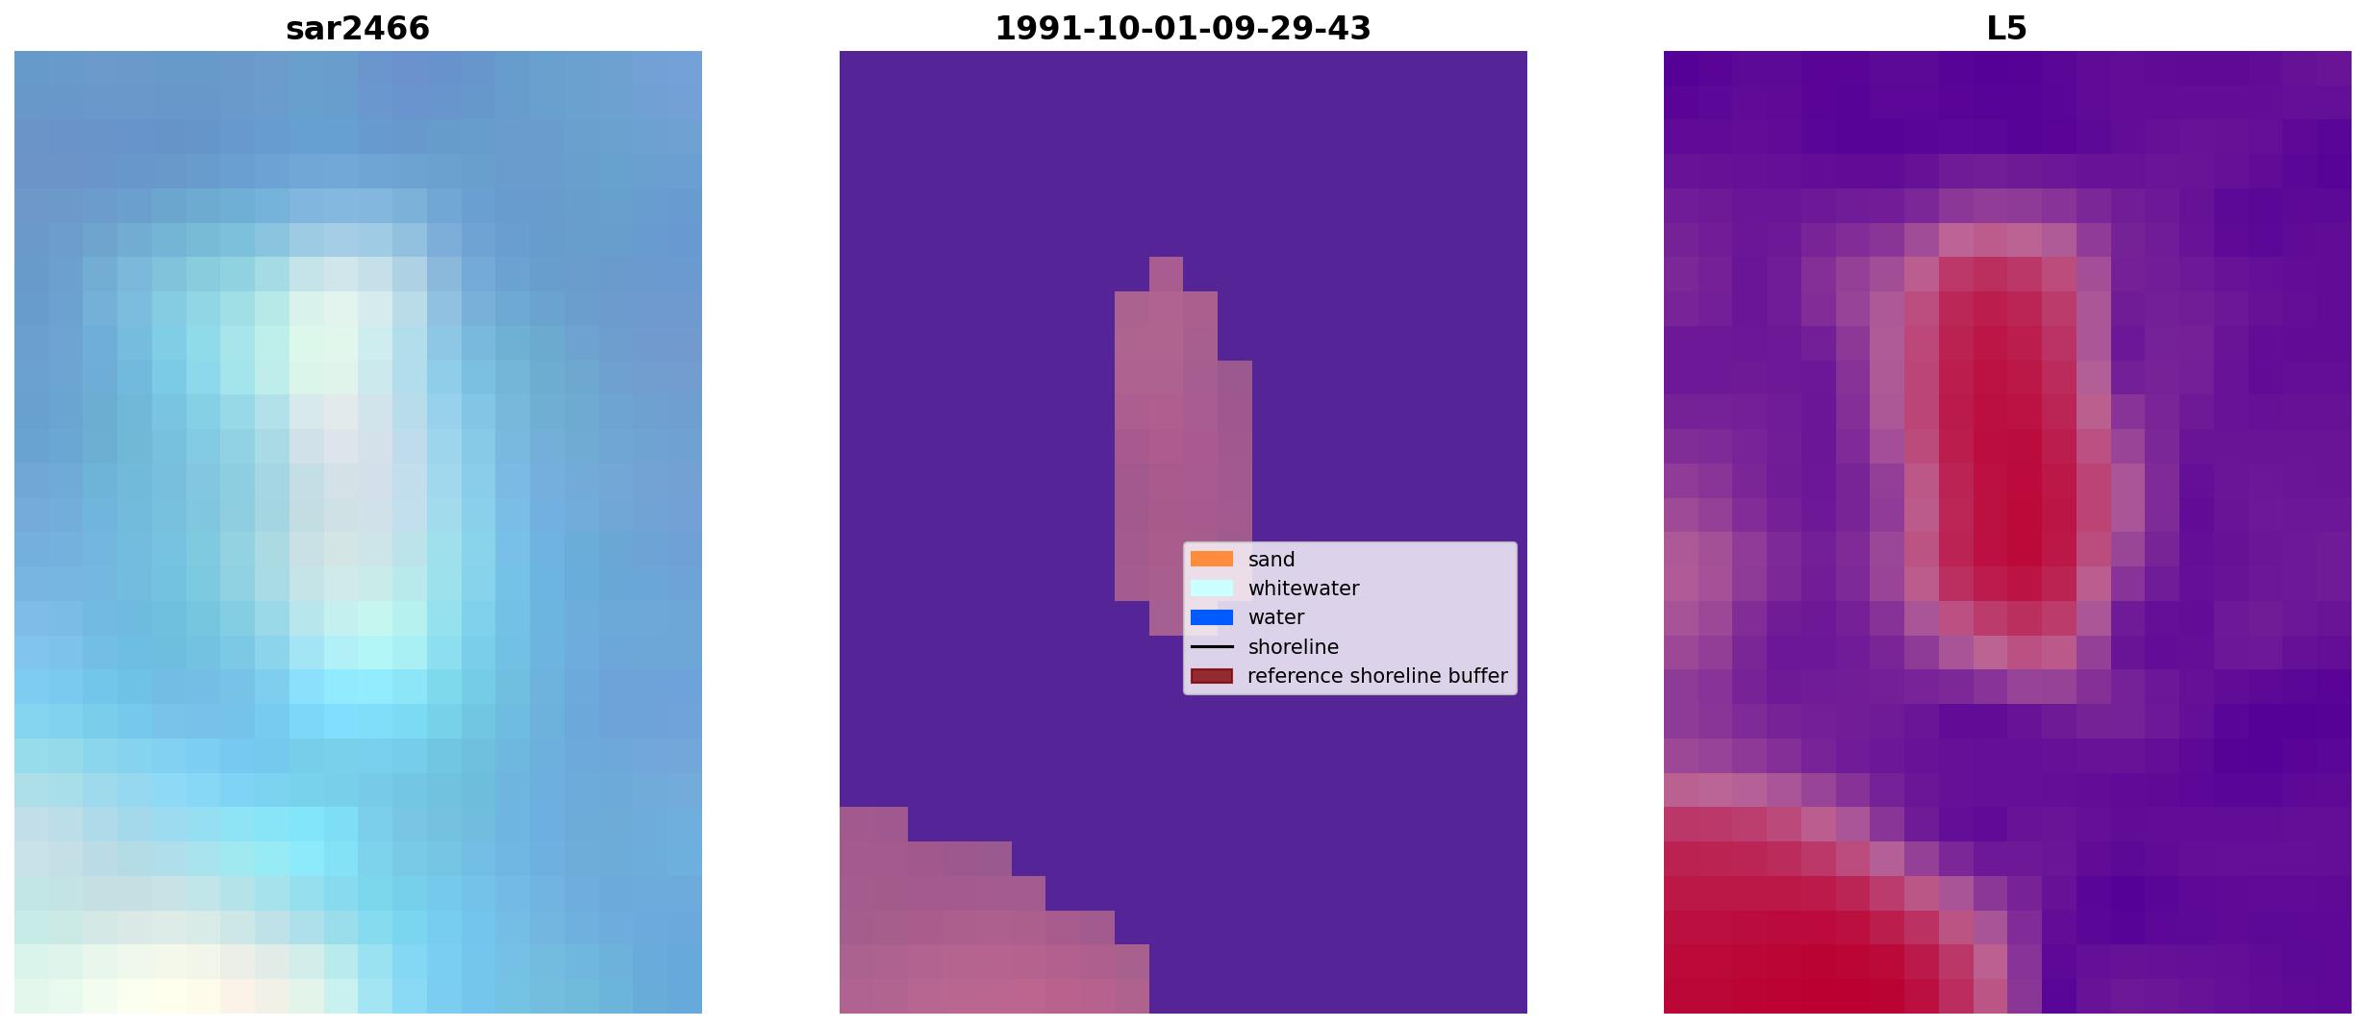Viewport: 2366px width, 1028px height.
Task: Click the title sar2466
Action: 358,29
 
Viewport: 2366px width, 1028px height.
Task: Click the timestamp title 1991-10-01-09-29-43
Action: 1182,29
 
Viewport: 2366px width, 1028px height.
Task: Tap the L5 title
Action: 2007,29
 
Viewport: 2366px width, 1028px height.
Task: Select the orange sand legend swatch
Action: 1212,559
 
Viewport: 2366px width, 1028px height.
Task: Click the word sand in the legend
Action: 1271,560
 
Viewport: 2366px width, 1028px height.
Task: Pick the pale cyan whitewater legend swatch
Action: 1212,588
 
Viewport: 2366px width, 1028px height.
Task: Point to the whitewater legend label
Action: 1303,589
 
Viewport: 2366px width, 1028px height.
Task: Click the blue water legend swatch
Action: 1212,617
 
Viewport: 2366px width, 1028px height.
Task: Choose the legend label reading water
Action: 1276,617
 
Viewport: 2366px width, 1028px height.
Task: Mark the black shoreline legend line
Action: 1212,647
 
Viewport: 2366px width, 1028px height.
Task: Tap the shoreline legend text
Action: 1294,647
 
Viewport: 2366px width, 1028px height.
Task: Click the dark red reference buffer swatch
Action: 1212,676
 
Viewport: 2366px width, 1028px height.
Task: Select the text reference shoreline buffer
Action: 1377,676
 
